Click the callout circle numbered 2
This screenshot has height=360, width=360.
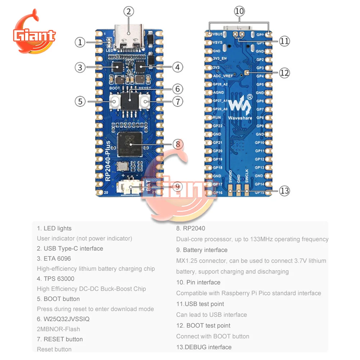[x=129, y=11]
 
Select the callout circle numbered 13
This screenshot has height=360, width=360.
[x=284, y=190]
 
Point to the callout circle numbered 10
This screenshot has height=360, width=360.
[x=239, y=11]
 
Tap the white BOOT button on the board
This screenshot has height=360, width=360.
[x=115, y=102]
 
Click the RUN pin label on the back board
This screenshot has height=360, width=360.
[x=217, y=117]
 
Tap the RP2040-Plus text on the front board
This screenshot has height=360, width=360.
[x=108, y=162]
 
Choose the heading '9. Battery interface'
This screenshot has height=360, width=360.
[x=202, y=250]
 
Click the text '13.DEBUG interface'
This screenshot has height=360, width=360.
[x=204, y=347]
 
